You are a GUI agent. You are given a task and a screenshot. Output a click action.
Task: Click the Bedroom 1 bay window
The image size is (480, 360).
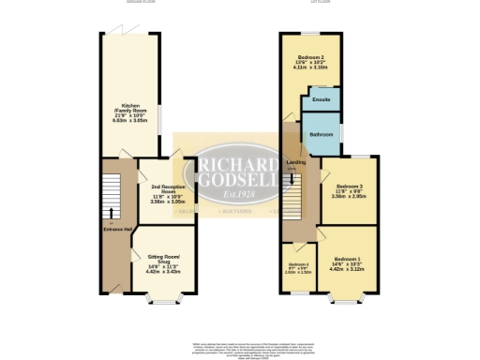coord(348,302)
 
